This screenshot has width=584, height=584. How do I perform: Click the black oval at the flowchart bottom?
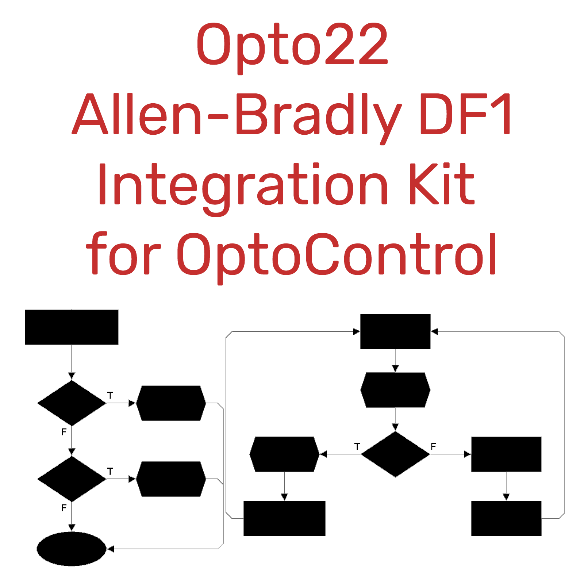point(72,549)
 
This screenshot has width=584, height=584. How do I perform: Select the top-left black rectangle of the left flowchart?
point(72,327)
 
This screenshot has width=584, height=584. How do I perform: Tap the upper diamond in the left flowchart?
point(72,403)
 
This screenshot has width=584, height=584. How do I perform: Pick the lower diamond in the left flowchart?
point(72,479)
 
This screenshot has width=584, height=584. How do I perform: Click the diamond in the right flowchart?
point(395,454)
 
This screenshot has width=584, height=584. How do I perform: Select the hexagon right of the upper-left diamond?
point(171,403)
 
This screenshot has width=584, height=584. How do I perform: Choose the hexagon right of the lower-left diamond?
point(171,479)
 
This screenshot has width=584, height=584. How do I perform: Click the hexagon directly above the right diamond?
point(395,390)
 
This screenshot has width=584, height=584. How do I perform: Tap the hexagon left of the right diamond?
point(284,454)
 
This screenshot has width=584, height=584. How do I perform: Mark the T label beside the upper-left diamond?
point(110,395)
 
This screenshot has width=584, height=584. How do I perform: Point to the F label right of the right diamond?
point(433,446)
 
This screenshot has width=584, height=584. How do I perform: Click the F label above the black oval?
point(64,508)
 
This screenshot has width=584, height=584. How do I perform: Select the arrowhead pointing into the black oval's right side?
point(111,549)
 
